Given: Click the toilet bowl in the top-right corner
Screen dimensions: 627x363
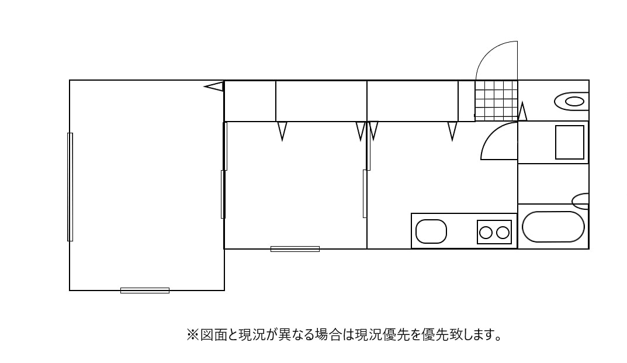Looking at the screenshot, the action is (573, 101).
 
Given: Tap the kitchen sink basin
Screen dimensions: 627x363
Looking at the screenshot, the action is (431, 231).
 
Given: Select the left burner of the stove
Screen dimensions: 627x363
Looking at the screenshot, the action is (486, 233).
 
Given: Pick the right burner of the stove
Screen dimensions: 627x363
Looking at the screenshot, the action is (503, 233).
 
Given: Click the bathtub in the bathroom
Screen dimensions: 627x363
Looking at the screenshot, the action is (553, 227).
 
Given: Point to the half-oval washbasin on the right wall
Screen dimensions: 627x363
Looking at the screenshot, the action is (581, 201).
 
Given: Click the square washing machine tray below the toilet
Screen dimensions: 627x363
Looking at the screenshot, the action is (570, 142).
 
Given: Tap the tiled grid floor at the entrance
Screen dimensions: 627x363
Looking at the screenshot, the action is (496, 101).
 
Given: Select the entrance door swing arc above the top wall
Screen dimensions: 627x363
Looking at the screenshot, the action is (496, 61).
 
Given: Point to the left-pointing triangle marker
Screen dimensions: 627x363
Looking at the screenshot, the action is (214, 87).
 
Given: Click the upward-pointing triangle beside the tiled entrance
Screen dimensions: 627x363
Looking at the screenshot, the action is (522, 112).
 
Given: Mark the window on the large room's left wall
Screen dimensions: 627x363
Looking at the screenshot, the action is (70, 186).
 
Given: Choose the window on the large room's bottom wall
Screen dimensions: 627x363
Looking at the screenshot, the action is (145, 290).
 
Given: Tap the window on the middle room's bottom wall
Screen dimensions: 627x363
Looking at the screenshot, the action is (295, 249).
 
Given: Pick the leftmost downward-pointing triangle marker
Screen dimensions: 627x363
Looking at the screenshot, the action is (282, 130).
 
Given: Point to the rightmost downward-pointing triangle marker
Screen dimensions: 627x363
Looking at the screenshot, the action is (452, 130).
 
